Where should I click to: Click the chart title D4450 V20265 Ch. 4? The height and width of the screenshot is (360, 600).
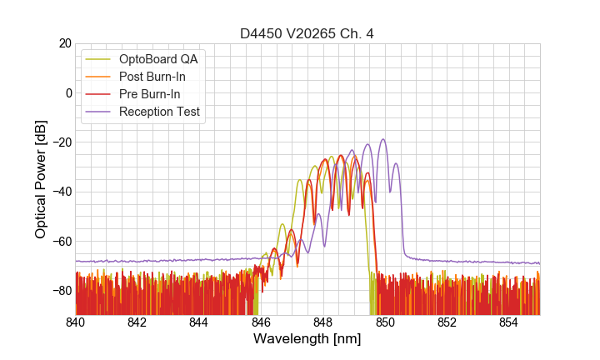tap(307, 33)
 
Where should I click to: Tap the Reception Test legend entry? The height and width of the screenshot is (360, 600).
tap(159, 111)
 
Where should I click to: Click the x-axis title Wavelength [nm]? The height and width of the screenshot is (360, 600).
tap(307, 339)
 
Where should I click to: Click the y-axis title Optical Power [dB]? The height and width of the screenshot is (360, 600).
tap(41, 179)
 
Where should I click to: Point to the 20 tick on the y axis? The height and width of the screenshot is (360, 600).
tap(64, 43)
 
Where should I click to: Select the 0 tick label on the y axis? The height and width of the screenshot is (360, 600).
tap(68, 92)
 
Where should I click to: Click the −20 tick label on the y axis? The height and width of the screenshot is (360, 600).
tap(61, 142)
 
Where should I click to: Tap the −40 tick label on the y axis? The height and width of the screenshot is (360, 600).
tap(61, 192)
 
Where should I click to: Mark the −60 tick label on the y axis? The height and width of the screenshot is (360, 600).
tap(61, 242)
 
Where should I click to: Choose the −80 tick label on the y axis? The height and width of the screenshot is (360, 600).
tap(61, 291)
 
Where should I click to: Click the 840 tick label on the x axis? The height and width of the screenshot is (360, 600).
tap(76, 322)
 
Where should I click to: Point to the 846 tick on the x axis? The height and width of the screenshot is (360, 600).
tap(261, 322)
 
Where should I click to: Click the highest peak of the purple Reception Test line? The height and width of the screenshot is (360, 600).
tap(383, 140)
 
